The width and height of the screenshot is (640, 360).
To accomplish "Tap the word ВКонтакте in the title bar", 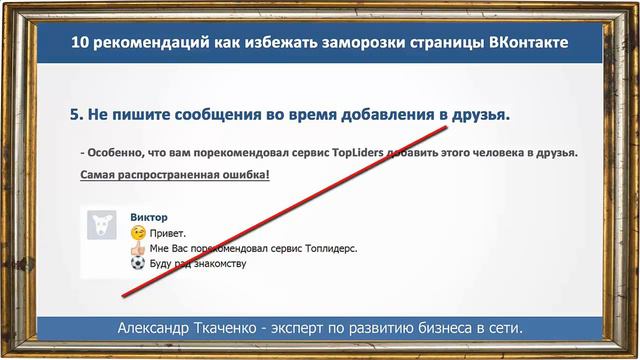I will [x=529, y=43].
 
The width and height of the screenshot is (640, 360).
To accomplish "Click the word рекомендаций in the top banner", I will [x=152, y=43].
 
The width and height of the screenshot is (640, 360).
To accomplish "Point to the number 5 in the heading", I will [x=75, y=116].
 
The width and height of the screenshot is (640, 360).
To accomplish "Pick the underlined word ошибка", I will [x=240, y=175].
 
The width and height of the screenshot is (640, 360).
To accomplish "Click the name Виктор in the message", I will [x=149, y=217].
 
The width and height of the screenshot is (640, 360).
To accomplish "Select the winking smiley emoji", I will [x=138, y=233].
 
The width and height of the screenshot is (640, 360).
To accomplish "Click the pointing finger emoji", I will [x=138, y=248].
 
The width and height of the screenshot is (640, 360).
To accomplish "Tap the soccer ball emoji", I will [x=138, y=264].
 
